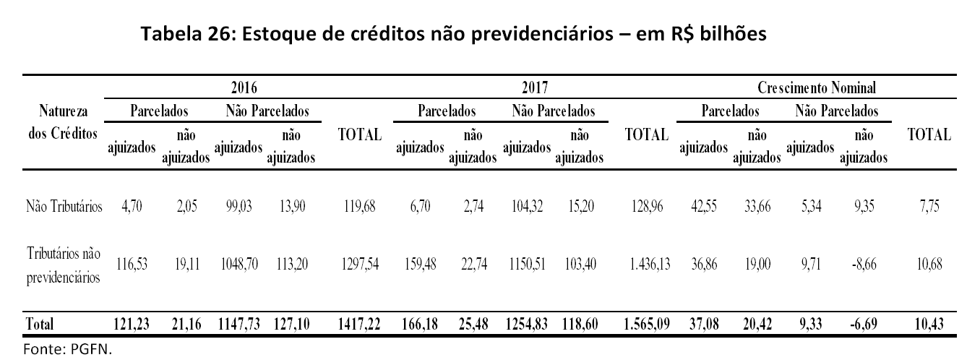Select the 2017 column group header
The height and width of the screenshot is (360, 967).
pos(534,88)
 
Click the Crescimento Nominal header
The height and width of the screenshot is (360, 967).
pos(817,88)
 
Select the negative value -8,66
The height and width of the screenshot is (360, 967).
pos(863,265)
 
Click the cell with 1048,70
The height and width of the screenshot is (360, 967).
pos(238,265)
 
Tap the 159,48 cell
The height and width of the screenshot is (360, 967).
pos(419,265)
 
